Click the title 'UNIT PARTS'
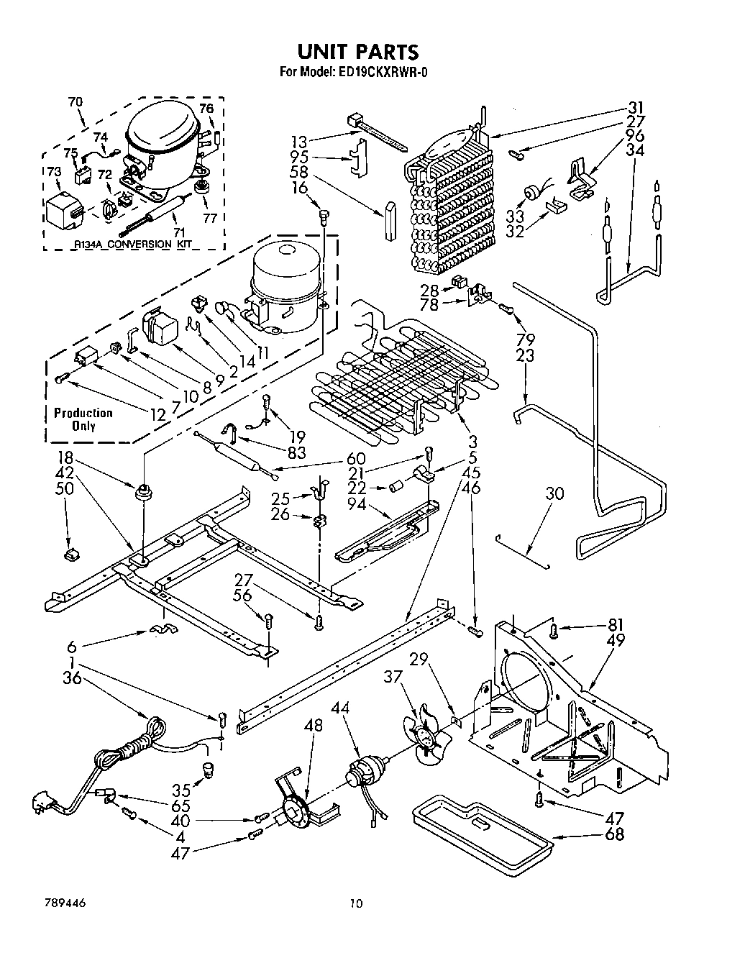(357, 51)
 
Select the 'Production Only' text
(83, 419)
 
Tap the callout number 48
(314, 726)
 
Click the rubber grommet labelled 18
(144, 493)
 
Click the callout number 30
(554, 494)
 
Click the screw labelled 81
(553, 631)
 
